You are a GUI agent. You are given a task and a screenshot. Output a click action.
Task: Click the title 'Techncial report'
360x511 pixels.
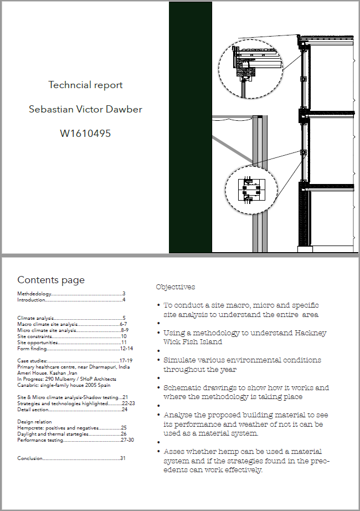85,85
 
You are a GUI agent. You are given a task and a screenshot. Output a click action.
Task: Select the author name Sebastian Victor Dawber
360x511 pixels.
85,109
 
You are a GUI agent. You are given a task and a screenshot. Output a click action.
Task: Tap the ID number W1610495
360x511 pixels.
85,133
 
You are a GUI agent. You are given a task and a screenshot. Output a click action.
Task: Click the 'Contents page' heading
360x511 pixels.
51,280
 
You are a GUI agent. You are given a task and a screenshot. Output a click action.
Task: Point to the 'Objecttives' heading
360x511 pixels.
176,287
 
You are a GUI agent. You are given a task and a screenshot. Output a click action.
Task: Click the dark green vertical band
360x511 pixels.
190,127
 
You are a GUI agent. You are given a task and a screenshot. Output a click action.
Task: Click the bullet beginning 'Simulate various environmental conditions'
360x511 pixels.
242,365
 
